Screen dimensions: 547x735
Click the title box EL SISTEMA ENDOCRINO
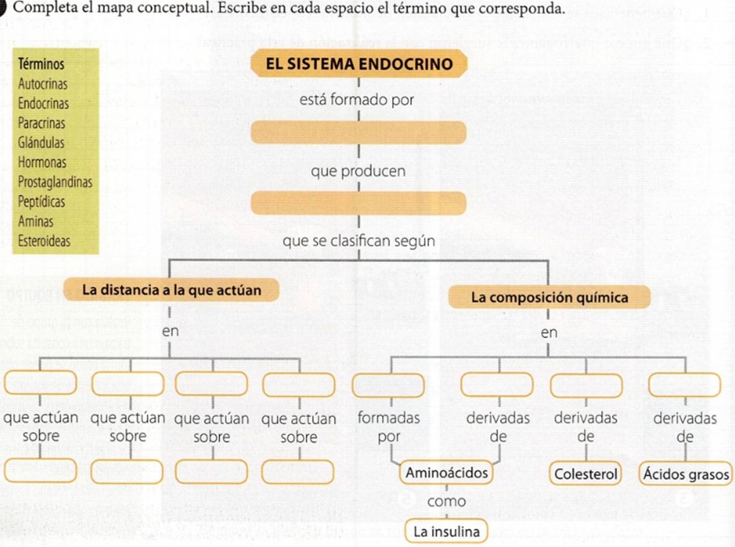358,64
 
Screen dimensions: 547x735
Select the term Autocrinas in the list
43,84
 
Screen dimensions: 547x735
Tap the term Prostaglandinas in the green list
55,182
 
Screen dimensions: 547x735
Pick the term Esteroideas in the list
44,241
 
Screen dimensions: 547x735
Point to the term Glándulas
41,142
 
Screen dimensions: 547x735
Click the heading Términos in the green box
41,64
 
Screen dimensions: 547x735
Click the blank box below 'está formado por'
358,132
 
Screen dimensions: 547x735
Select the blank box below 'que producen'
358,203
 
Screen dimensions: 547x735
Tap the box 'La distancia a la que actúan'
171,290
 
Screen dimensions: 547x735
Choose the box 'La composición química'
549,297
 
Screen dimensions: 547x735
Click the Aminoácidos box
447,473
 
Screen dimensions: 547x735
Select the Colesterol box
585,474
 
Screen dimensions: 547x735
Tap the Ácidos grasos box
685,474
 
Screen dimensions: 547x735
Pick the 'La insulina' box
447,532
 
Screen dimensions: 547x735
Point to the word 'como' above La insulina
447,502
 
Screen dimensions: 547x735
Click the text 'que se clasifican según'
358,241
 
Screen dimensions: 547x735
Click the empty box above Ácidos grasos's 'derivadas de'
684,385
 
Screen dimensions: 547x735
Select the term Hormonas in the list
42,162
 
